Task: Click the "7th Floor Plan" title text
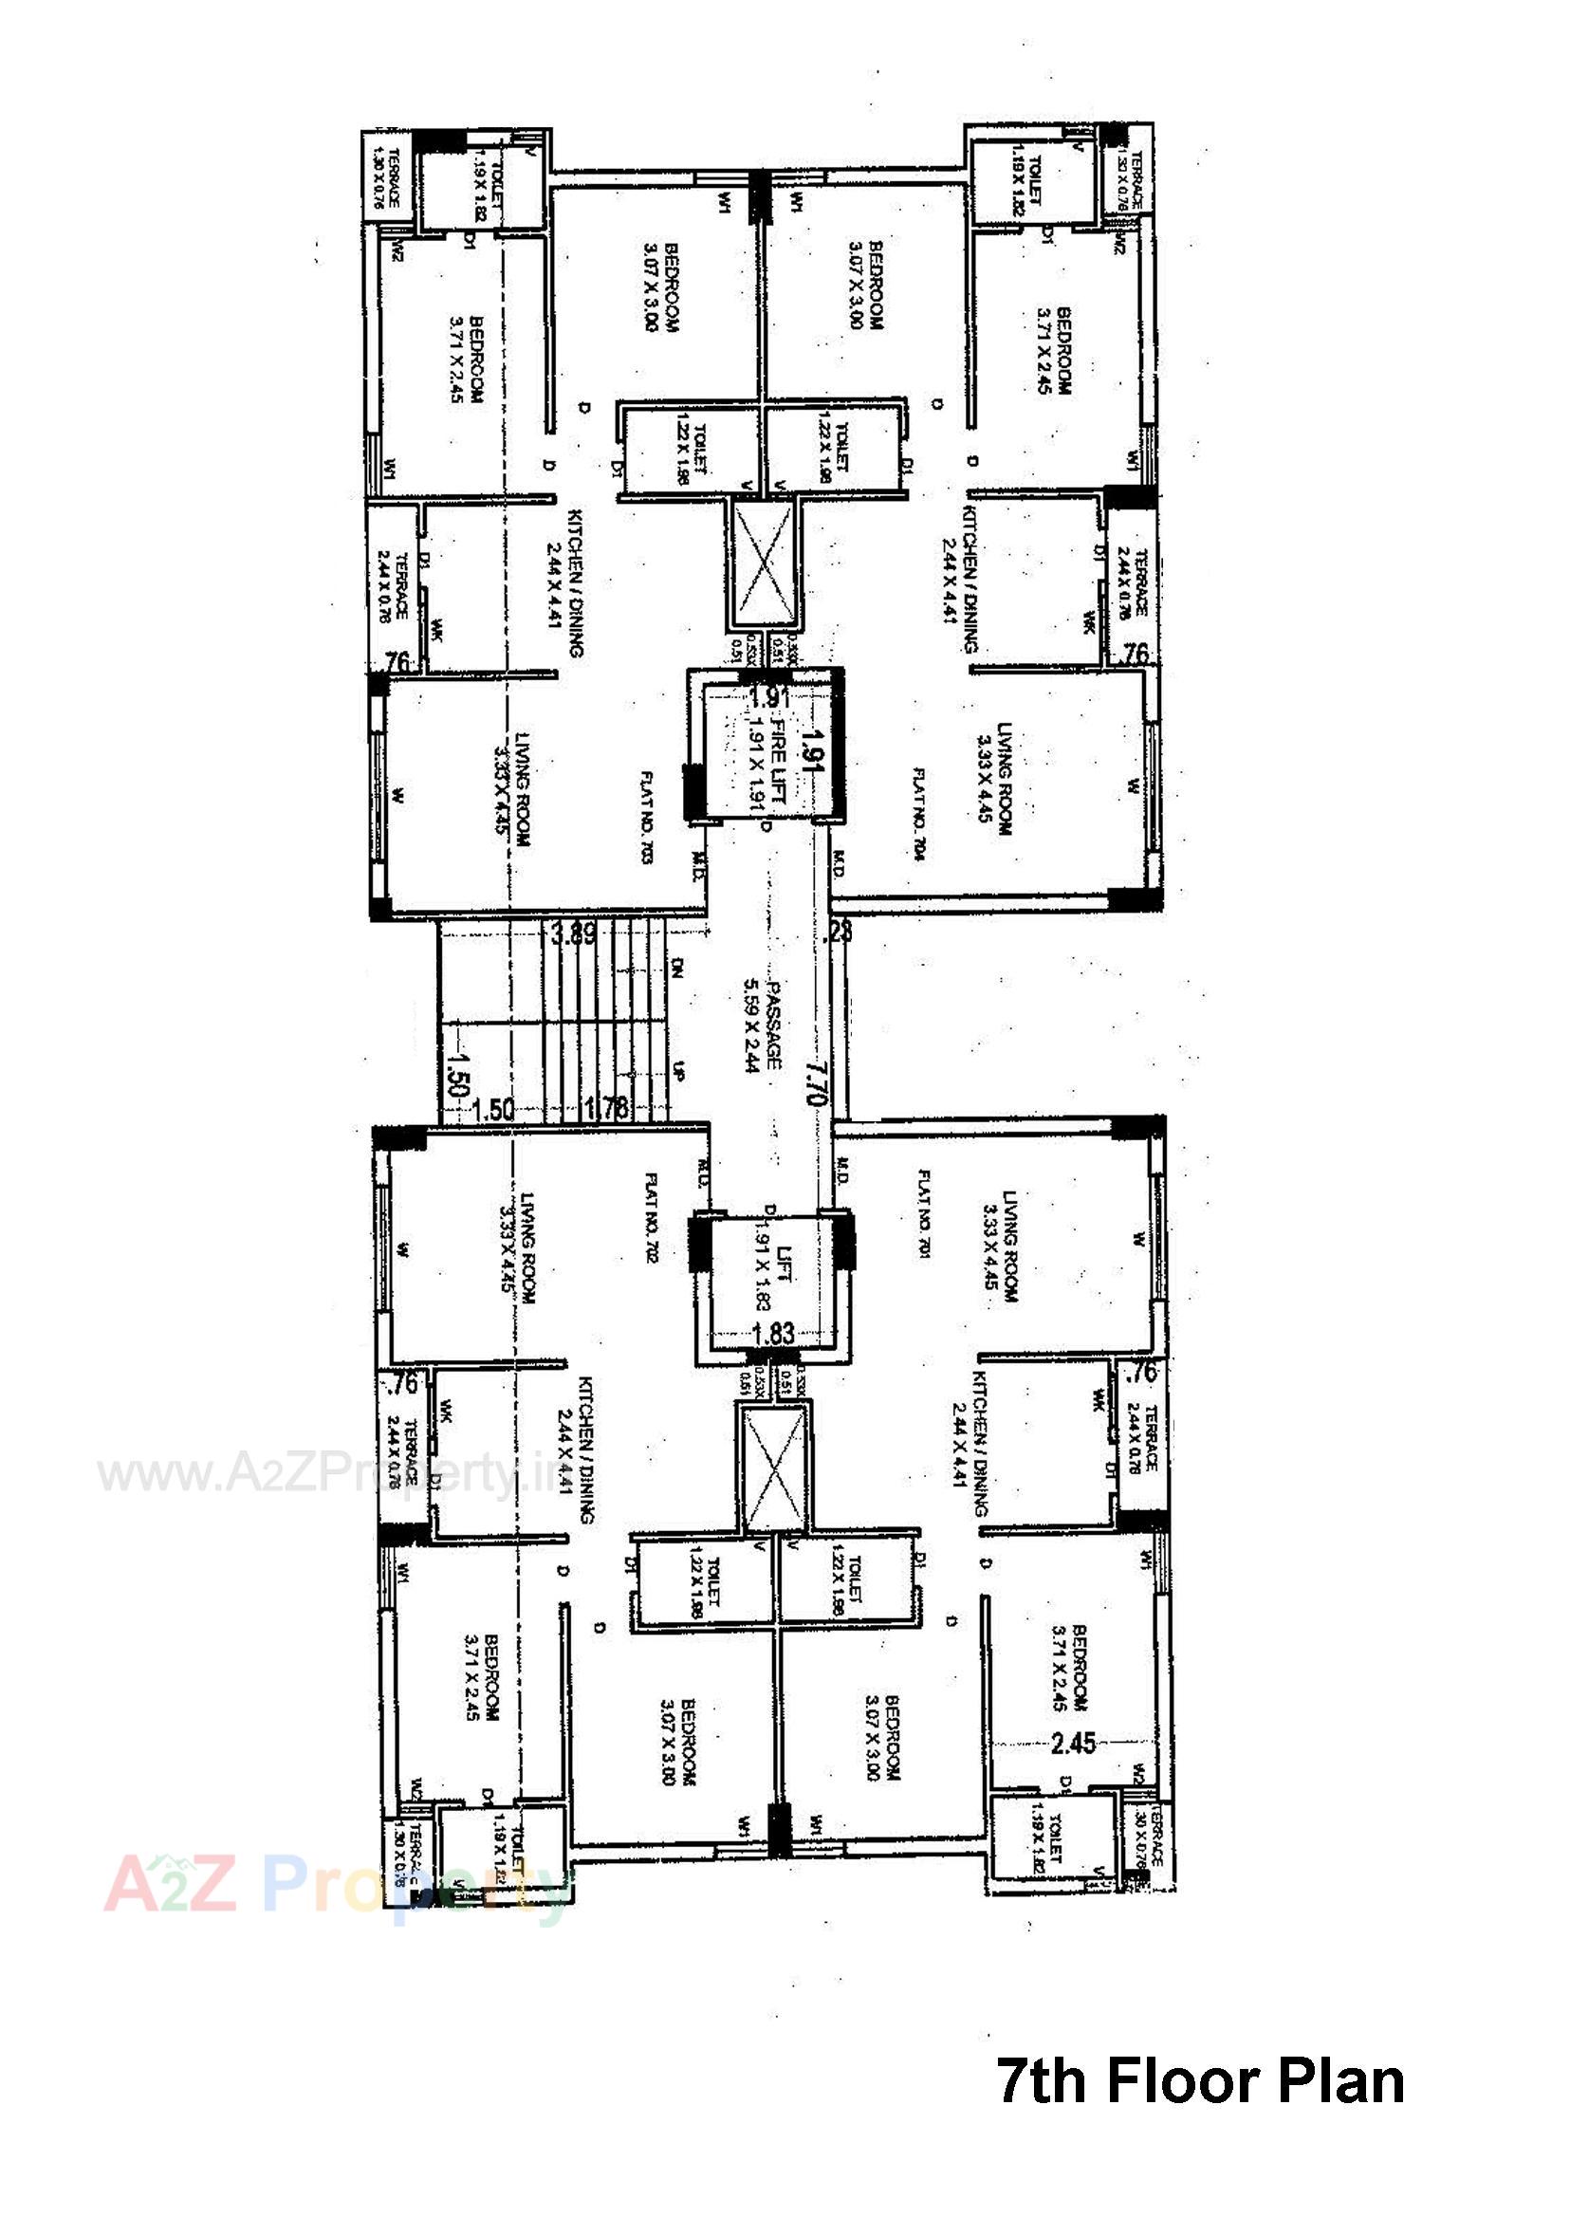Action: [1200, 2081]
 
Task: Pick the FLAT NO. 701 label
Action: [924, 1214]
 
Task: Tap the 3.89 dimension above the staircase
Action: [573, 934]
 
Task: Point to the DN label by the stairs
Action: [677, 968]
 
